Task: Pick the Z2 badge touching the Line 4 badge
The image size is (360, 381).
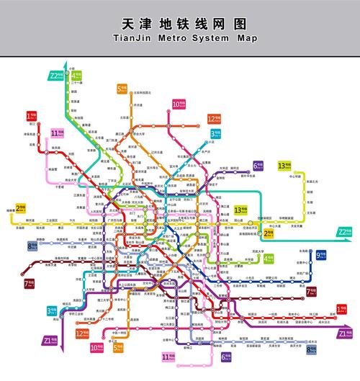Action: coord(55,76)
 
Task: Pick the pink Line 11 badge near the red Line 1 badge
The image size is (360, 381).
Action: coord(58,133)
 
